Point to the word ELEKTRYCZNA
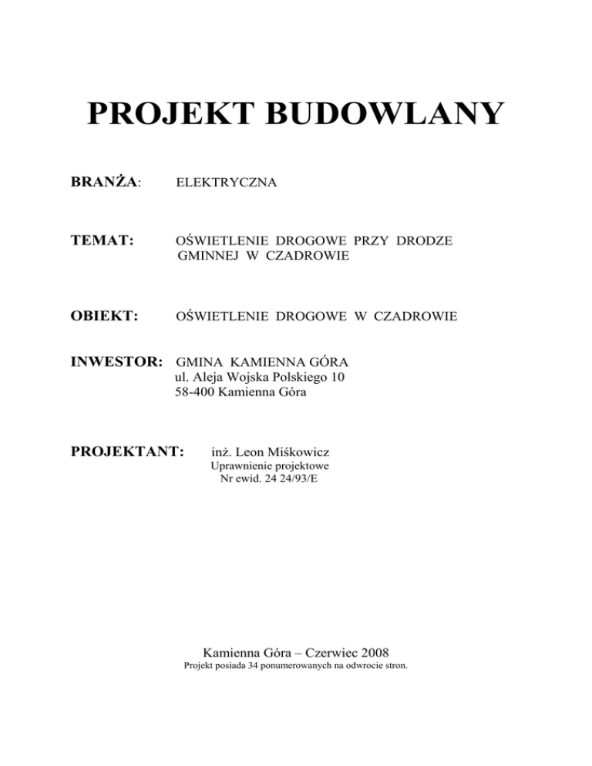(x=227, y=183)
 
